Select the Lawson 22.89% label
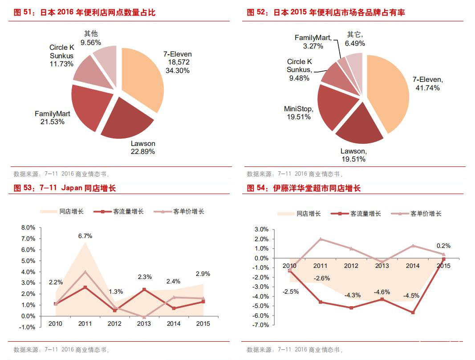(x=143, y=148)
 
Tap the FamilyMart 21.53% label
(x=53, y=118)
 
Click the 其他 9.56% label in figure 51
(x=91, y=38)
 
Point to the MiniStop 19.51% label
(x=298, y=113)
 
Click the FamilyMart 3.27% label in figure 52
(x=313, y=42)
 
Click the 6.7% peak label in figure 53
(x=85, y=236)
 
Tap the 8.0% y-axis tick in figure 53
(x=28, y=227)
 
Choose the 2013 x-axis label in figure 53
(x=144, y=324)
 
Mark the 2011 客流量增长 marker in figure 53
(x=85, y=287)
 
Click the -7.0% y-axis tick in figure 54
(x=260, y=325)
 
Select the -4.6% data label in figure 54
(x=382, y=292)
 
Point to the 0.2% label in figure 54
(x=443, y=245)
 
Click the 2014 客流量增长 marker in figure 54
(x=413, y=312)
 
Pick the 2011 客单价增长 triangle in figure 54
(x=321, y=239)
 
